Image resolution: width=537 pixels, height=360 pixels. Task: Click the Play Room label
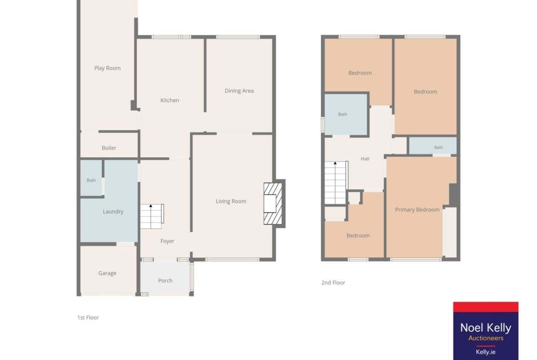[107, 68]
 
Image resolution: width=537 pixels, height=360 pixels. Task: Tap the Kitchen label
[169, 100]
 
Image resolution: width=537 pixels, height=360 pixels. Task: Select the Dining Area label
[239, 91]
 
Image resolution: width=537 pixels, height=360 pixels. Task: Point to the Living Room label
[231, 201]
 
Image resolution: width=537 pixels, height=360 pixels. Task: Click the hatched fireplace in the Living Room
[273, 204]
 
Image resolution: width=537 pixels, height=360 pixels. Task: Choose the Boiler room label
[109, 148]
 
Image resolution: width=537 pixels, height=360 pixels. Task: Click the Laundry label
[113, 211]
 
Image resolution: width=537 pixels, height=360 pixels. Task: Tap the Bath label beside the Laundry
[91, 180]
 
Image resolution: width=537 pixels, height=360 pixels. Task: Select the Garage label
[107, 273]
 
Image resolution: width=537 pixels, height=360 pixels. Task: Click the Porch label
[165, 281]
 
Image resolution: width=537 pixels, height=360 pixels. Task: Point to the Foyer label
[167, 241]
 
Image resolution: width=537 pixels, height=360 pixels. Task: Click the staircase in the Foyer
[152, 216]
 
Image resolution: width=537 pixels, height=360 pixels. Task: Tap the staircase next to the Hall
[336, 183]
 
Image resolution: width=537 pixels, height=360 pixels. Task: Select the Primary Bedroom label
[417, 210]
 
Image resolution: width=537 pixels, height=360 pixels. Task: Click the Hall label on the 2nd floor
[365, 159]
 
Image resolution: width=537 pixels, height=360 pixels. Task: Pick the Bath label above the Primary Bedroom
[438, 148]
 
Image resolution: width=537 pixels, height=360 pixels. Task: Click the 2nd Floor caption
[333, 282]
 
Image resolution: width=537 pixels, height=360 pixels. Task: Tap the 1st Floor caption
[88, 317]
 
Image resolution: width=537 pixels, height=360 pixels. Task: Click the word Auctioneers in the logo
[486, 338]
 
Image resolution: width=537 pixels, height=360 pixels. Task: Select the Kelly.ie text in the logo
[486, 352]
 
